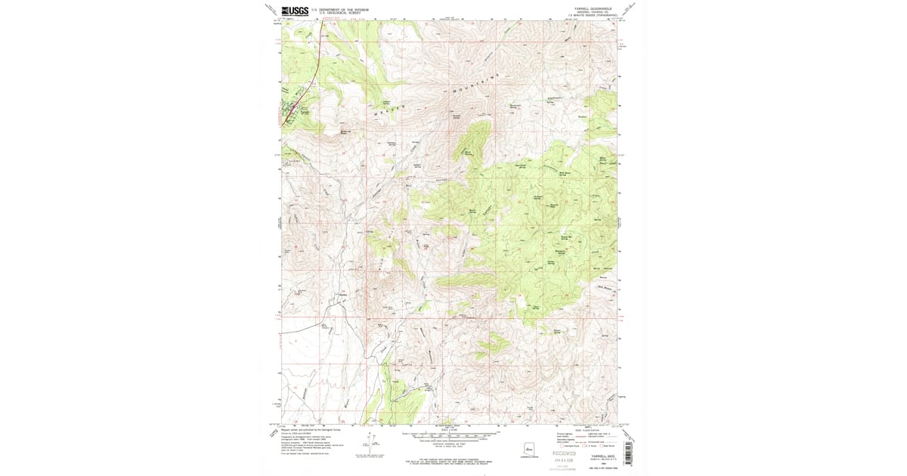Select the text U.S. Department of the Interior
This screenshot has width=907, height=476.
coord(343,8)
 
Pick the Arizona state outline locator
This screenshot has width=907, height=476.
coord(530,449)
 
